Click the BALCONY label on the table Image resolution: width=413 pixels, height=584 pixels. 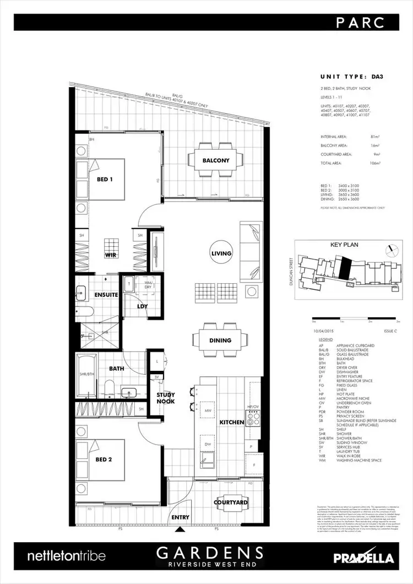tap(216, 160)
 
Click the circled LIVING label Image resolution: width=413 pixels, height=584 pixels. tap(221, 253)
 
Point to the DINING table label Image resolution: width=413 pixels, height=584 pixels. tap(220, 340)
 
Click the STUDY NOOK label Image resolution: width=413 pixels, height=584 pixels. tap(165, 398)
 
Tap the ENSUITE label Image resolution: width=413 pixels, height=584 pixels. tap(106, 295)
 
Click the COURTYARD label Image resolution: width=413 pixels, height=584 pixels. tap(231, 503)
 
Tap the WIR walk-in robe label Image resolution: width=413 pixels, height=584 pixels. tap(112, 255)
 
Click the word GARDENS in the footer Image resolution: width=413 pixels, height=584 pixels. tap(208, 553)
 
